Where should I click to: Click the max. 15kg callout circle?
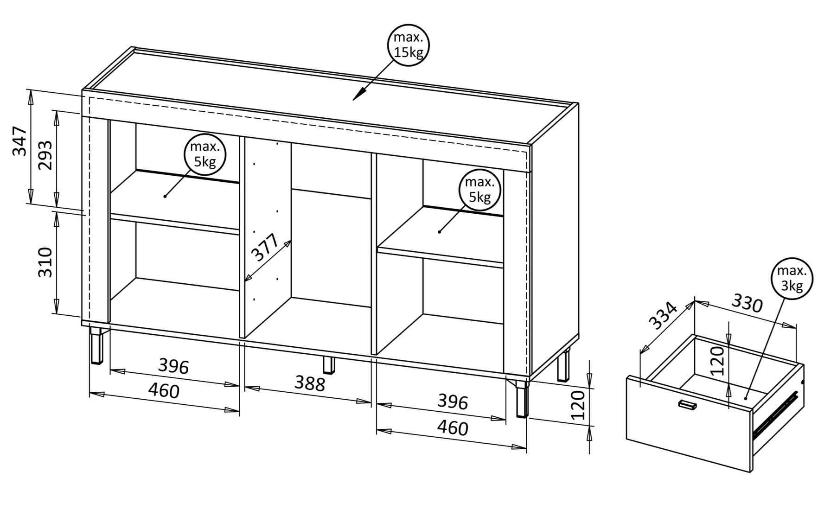(408, 45)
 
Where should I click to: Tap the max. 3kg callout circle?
(792, 278)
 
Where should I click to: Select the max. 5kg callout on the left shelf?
(205, 154)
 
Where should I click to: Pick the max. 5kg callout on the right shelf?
(479, 190)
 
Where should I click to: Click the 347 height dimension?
(19, 140)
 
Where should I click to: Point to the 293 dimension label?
(45, 155)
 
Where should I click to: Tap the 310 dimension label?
(45, 262)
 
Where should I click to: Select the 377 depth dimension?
(265, 248)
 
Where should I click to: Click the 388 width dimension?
(310, 383)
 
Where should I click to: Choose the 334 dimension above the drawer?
(662, 315)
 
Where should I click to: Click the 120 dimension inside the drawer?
(717, 360)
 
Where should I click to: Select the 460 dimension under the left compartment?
(164, 391)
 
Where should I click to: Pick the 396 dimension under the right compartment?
(453, 402)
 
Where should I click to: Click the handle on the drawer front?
(687, 405)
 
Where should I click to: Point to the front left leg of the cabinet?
(97, 346)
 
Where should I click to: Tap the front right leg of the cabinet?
(522, 399)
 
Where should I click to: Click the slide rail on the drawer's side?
(775, 415)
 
